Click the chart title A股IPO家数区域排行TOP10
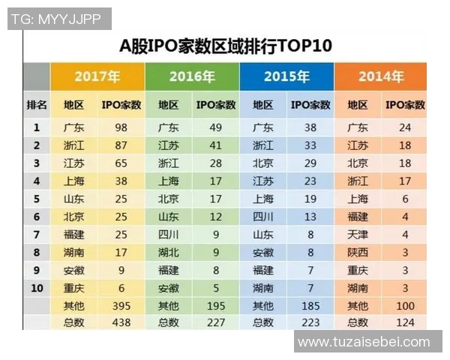coord(226,46)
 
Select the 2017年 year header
coord(97,76)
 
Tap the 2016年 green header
coord(192,76)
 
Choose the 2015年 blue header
coord(286,76)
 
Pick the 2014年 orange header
coord(381,76)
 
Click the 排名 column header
coord(37,105)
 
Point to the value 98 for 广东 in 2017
coord(121,127)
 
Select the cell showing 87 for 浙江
coord(121,145)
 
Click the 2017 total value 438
coord(121,322)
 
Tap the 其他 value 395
coord(121,305)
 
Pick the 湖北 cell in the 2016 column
coord(169,252)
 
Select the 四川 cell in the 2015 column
coord(263,216)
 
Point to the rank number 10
coord(37,288)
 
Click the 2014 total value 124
coord(406,322)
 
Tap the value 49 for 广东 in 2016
coord(216,127)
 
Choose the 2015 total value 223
coord(310,322)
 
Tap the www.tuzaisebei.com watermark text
coord(364,342)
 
